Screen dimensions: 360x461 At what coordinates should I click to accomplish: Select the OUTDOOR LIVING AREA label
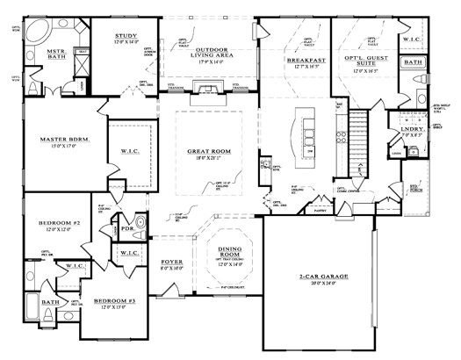pos(208,52)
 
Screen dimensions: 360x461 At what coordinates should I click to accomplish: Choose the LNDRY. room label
pos(411,130)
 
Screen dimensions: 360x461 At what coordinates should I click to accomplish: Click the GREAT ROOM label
pos(209,151)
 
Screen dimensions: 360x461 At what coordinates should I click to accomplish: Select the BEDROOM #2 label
pos(60,224)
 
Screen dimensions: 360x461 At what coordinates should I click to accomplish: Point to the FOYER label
pos(170,262)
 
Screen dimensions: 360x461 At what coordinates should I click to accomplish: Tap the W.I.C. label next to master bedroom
pos(126,151)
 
